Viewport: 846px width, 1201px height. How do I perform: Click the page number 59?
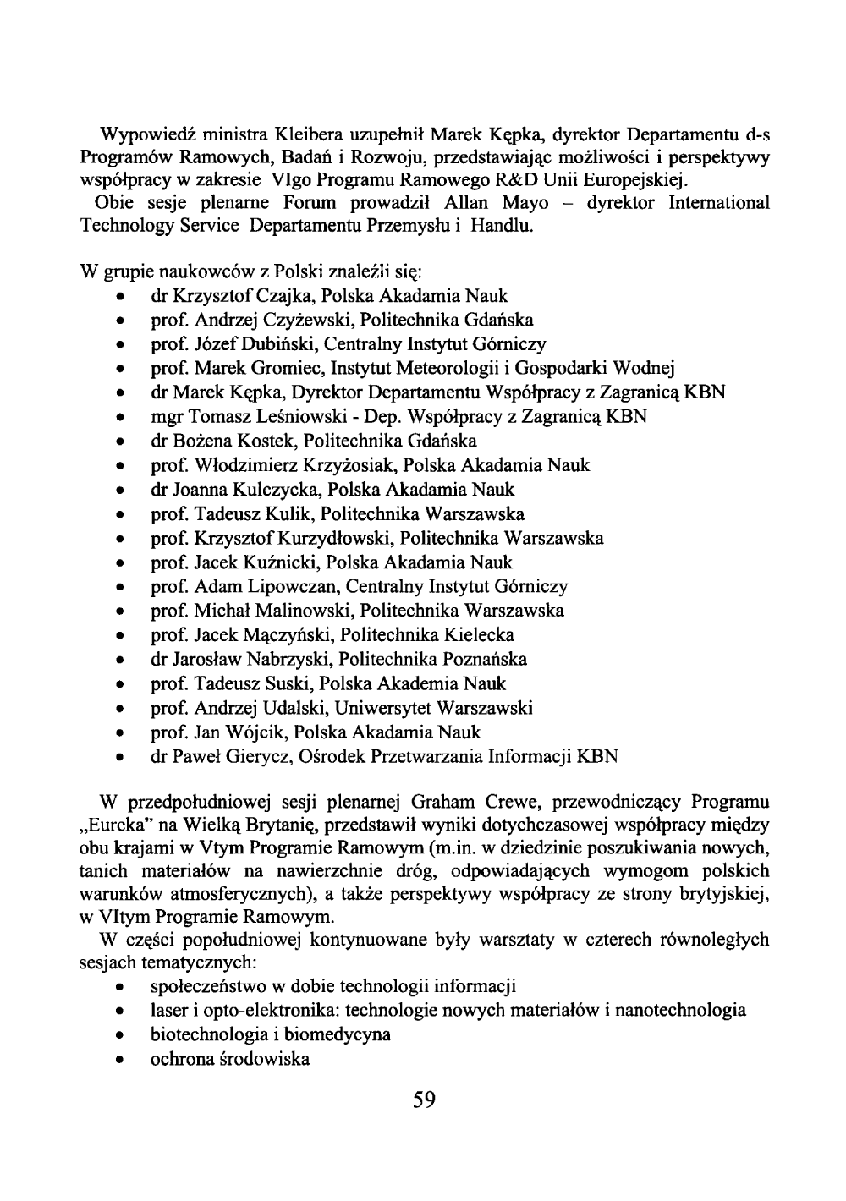(x=424, y=1100)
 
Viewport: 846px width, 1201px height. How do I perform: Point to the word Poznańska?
(x=486, y=659)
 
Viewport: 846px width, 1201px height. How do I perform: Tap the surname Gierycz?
(x=258, y=756)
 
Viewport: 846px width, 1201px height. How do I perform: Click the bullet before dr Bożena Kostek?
(x=124, y=441)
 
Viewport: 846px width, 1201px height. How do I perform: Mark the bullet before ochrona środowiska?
(x=124, y=1059)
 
